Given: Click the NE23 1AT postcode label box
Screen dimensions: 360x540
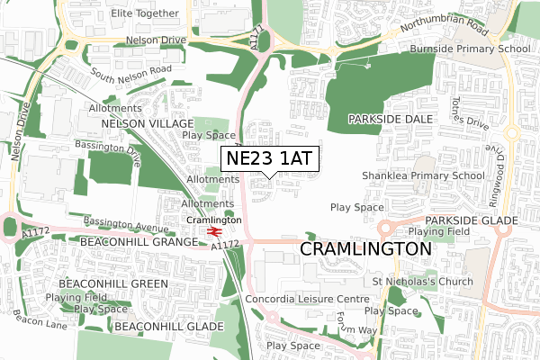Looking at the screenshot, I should (268, 158).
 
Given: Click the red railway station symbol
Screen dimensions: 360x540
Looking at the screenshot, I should (213, 232).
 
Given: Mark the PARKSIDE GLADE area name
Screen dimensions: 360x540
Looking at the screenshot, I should (472, 220).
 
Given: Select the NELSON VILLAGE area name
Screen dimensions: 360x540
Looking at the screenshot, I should (148, 122).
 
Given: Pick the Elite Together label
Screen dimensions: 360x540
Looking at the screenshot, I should (145, 14).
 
